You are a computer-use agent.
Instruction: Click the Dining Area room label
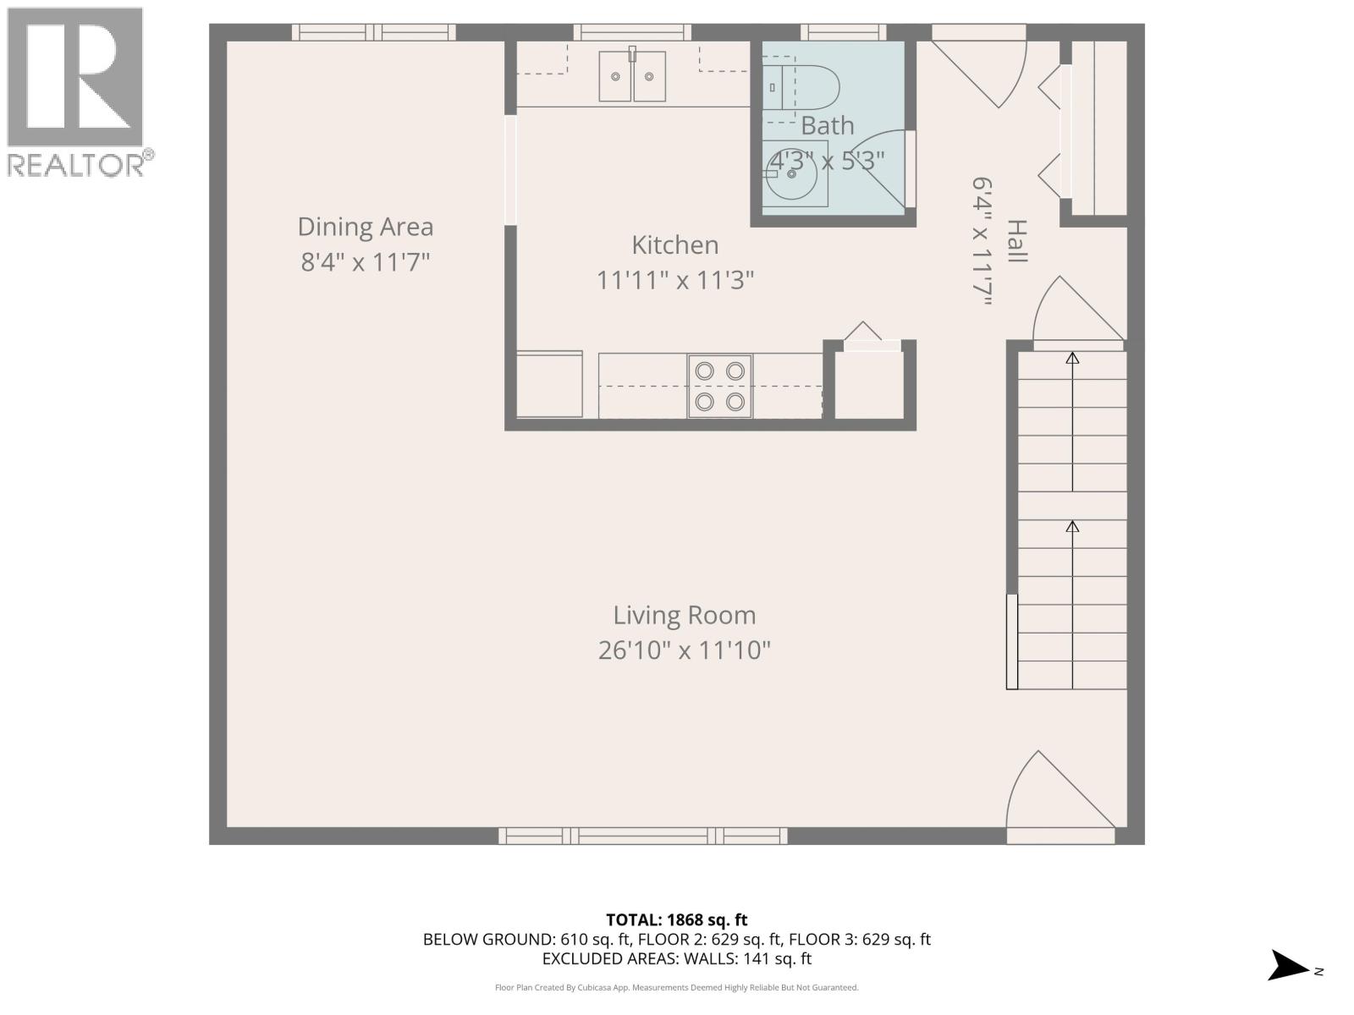point(366,227)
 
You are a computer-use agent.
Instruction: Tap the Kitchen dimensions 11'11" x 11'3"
point(674,280)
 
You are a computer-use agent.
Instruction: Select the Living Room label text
point(684,615)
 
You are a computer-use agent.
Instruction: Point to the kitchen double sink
point(632,76)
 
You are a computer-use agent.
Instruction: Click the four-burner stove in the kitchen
point(719,386)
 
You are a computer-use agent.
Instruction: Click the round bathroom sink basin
point(793,174)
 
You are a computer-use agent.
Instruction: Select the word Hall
point(1016,241)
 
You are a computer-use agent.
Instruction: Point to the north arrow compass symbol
point(1290,965)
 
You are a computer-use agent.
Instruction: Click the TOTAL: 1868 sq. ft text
point(676,919)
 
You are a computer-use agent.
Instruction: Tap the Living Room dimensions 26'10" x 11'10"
point(684,650)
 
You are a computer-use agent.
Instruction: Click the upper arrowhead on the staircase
point(1072,359)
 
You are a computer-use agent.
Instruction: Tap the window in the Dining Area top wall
point(373,32)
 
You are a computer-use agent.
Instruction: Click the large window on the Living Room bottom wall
point(643,836)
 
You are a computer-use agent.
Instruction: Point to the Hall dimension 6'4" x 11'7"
point(982,241)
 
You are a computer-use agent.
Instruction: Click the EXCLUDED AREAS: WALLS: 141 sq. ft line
point(676,958)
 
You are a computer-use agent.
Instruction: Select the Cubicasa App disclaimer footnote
point(676,987)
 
